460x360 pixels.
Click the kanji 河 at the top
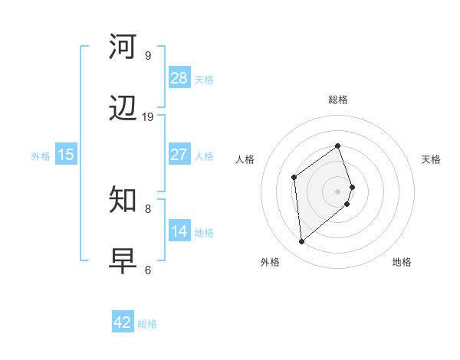123,47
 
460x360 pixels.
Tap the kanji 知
123,200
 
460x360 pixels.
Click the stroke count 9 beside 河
148,55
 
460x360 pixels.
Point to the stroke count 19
148,117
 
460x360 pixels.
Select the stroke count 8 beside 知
148,208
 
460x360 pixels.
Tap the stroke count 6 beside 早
148,270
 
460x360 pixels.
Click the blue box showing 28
179,78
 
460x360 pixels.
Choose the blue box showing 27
179,155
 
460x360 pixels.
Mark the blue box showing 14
179,231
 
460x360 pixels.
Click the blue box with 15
66,155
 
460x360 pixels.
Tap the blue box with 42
123,322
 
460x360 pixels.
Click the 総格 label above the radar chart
338,100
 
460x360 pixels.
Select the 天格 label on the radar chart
431,159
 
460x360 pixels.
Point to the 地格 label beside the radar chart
402,262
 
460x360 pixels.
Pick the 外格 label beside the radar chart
270,262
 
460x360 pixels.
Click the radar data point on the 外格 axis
302,242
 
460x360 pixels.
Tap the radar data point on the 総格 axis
338,146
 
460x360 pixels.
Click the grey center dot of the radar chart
338,191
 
